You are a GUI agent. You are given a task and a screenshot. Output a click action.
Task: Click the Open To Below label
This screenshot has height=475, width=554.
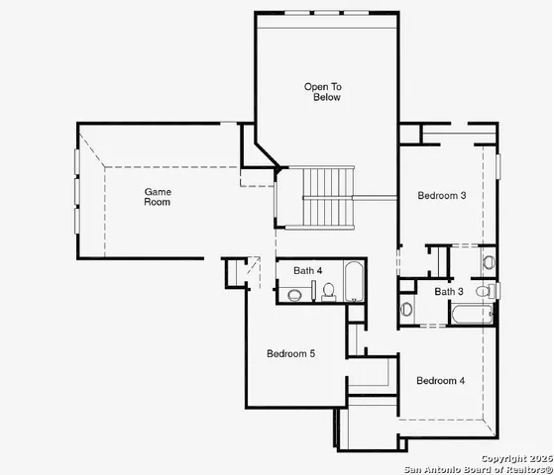click(x=322, y=92)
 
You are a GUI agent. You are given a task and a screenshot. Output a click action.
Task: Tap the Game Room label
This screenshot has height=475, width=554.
click(x=158, y=196)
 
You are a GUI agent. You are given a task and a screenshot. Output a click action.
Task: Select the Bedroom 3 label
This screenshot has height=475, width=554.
click(x=441, y=196)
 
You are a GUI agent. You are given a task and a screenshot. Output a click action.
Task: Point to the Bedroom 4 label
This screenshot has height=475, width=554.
click(x=440, y=381)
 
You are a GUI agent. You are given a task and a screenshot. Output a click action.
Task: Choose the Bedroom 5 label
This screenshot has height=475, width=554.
click(x=290, y=353)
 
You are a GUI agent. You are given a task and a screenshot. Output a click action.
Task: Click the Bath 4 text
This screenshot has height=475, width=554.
click(x=308, y=270)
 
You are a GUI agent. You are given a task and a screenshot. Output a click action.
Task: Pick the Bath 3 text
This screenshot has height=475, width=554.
click(x=448, y=291)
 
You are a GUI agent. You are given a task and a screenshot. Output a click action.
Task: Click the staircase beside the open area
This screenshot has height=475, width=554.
click(x=328, y=197)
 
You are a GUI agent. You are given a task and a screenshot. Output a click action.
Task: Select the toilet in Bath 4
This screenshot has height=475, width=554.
click(x=329, y=290)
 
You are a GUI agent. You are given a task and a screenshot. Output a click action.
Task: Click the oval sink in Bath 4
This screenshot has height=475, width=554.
click(x=294, y=294)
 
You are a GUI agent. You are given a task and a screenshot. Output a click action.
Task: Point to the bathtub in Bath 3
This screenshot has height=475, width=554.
click(x=470, y=316)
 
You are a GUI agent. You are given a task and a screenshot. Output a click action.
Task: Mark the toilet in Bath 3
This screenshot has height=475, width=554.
click(x=485, y=292)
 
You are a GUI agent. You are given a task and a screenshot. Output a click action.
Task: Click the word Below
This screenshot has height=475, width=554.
click(x=327, y=98)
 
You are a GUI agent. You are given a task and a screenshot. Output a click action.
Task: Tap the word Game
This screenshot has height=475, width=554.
click(x=158, y=191)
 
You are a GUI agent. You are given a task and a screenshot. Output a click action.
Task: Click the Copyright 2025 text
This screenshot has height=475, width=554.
click(x=514, y=458)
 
